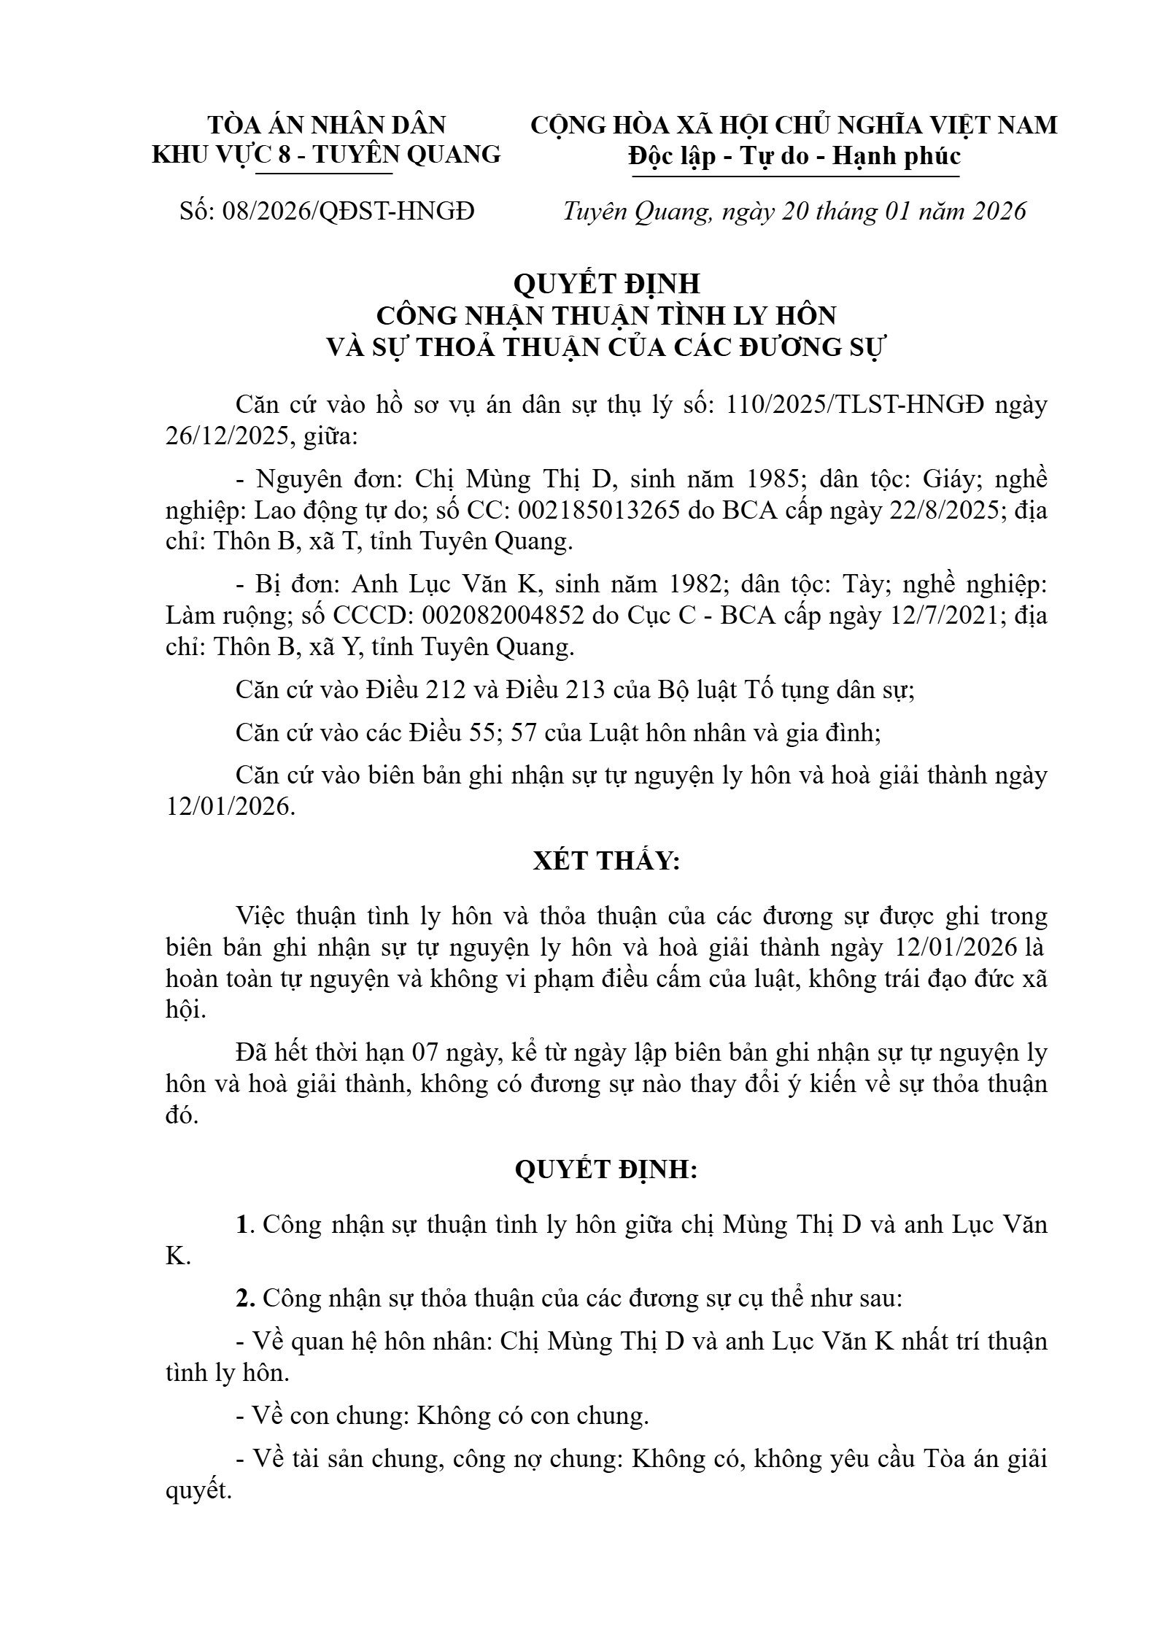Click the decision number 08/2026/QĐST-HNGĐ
pyautogui.click(x=348, y=212)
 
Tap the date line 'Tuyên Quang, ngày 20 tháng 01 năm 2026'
pyautogui.click(x=794, y=212)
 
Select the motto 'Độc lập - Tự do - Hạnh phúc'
pyautogui.click(x=794, y=156)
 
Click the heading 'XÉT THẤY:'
pyautogui.click(x=606, y=862)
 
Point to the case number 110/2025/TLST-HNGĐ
pyautogui.click(x=855, y=405)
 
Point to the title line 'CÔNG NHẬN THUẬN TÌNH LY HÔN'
pyautogui.click(x=605, y=315)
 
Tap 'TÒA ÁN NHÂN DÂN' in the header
pyautogui.click(x=327, y=125)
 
